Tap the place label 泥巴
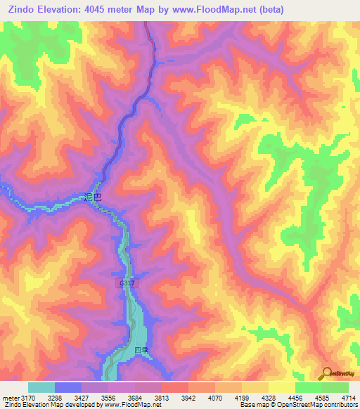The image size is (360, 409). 92,197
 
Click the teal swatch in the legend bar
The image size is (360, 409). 41,387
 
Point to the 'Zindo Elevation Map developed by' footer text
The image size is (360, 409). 49,405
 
